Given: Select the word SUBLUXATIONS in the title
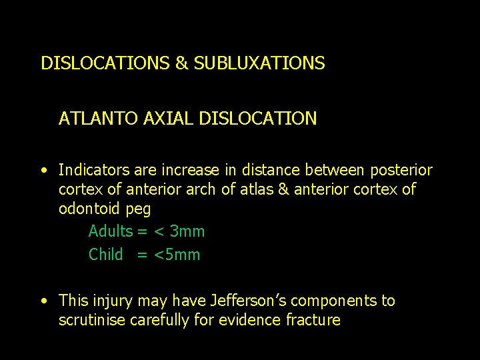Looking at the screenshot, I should coord(259,63).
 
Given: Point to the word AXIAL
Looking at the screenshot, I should coord(161,119).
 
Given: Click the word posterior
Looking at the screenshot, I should coord(400,170).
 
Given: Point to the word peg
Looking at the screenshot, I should coord(139,209).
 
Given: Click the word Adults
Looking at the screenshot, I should coord(111,231).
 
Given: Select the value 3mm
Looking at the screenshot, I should coord(187,231).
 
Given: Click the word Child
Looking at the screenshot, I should coord(106,254).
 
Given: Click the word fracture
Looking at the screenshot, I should coord(313,320).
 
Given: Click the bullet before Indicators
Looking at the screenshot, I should coord(43,171).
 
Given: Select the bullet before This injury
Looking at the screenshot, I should coord(43,301).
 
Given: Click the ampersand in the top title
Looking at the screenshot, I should coord(181,63).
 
